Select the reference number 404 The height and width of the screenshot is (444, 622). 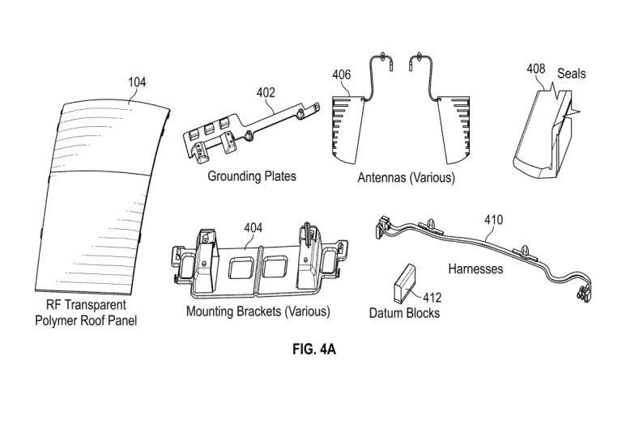[253, 227]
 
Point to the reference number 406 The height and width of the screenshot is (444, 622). [342, 74]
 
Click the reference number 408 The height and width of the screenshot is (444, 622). [535, 70]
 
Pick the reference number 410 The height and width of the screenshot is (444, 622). [493, 219]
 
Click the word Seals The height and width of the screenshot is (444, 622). [571, 74]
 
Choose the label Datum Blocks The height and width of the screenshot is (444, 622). [404, 312]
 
